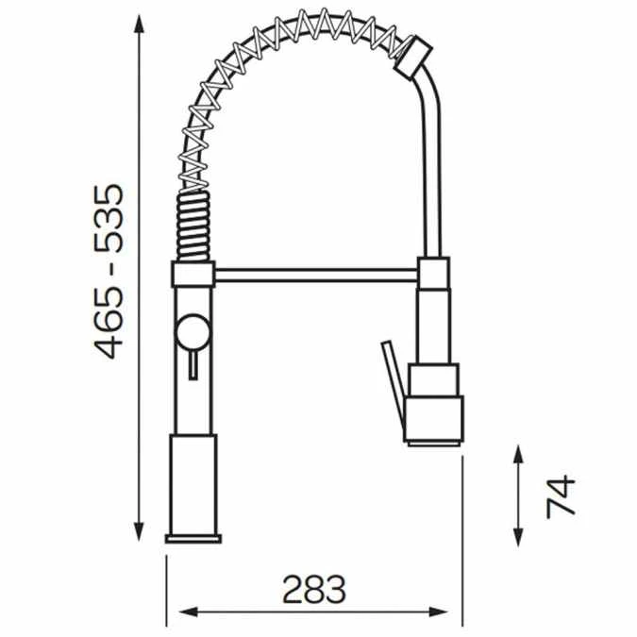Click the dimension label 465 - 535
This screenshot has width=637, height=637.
pyautogui.click(x=111, y=272)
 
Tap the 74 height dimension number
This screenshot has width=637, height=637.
pyautogui.click(x=561, y=495)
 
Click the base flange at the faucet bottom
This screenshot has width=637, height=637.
pyautogui.click(x=193, y=539)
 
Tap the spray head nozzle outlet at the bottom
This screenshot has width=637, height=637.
pyautogui.click(x=434, y=438)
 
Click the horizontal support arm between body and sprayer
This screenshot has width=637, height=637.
pyautogui.click(x=317, y=275)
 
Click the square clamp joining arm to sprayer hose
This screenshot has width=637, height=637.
pyautogui.click(x=434, y=275)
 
